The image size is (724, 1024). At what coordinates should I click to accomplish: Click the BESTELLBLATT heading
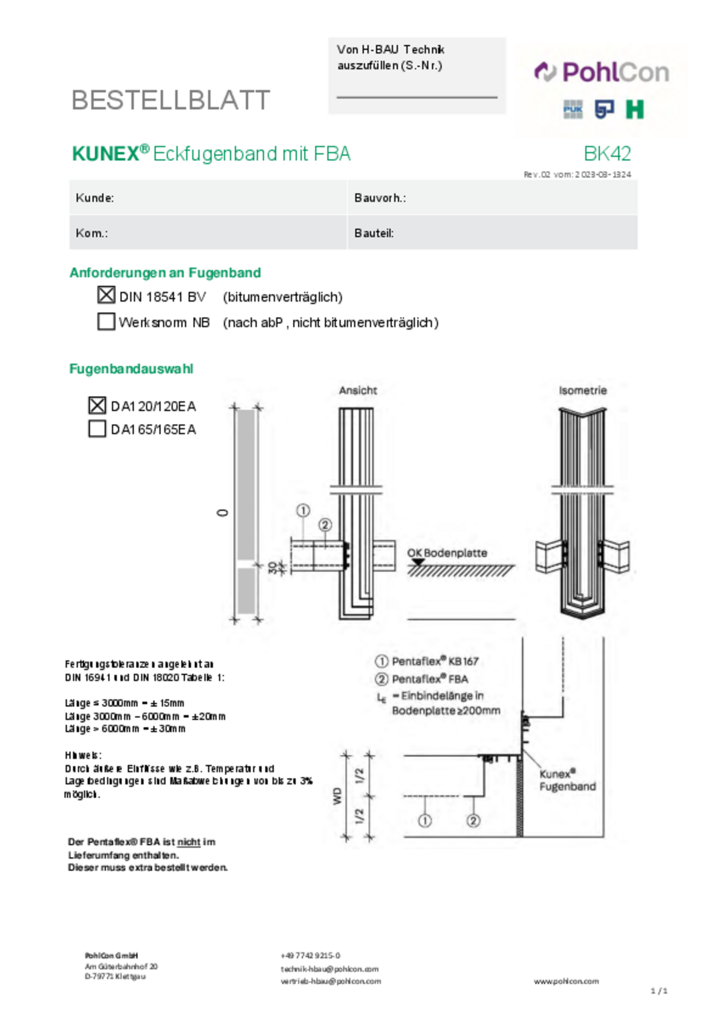[170, 101]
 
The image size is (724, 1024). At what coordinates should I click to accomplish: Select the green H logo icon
[634, 109]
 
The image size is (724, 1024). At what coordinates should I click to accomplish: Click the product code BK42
[607, 153]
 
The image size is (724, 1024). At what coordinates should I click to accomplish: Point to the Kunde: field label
[95, 198]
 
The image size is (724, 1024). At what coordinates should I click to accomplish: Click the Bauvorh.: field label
[379, 198]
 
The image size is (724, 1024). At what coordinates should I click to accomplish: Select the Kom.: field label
[92, 233]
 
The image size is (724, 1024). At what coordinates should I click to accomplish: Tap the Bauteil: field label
[373, 233]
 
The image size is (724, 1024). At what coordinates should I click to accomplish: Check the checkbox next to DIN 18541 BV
[106, 295]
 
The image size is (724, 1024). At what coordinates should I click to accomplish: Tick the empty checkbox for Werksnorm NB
[106, 322]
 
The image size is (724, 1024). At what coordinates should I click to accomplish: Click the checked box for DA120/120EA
[97, 405]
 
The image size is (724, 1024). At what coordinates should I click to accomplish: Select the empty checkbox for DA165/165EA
[97, 428]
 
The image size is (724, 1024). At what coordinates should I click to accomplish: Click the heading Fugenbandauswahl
[131, 369]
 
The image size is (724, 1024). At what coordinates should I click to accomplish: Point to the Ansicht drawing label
[358, 390]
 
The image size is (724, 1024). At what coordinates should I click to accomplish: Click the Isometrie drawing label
[583, 390]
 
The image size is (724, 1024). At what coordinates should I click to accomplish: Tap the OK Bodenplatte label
[447, 553]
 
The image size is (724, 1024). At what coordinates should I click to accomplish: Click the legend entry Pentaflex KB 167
[434, 661]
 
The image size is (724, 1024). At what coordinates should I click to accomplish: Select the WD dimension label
[337, 795]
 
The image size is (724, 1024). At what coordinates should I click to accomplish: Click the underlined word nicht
[188, 842]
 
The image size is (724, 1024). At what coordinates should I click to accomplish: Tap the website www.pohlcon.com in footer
[566, 981]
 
